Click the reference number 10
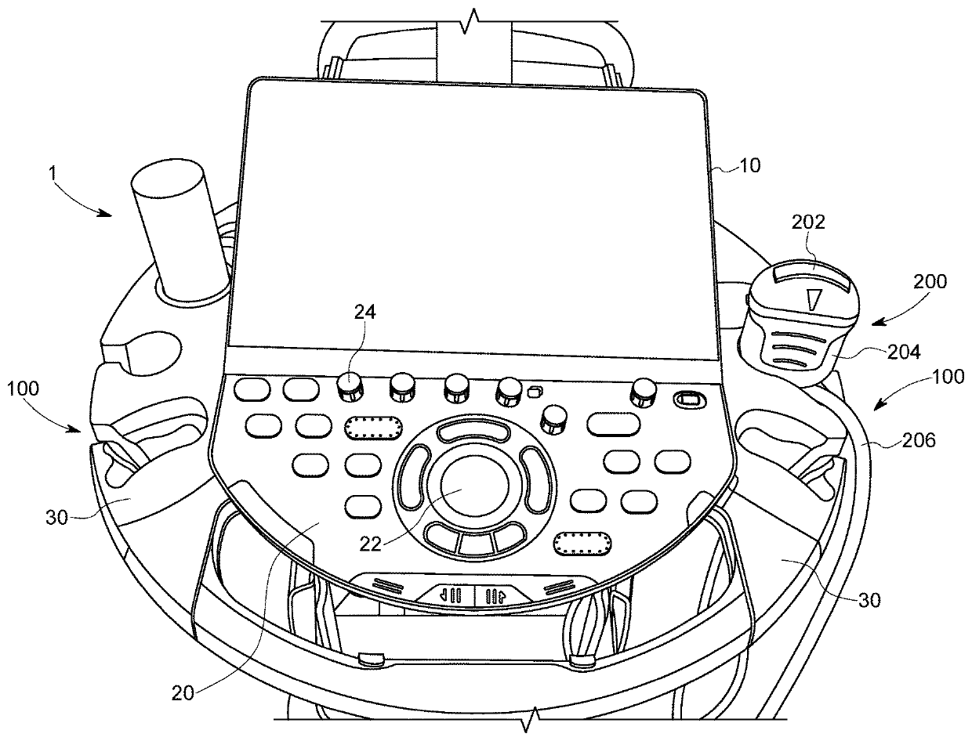(x=749, y=166)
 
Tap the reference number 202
(x=808, y=222)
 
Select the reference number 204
(x=861, y=352)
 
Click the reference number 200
(x=930, y=281)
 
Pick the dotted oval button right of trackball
(x=583, y=543)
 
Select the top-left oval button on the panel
(x=250, y=389)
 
